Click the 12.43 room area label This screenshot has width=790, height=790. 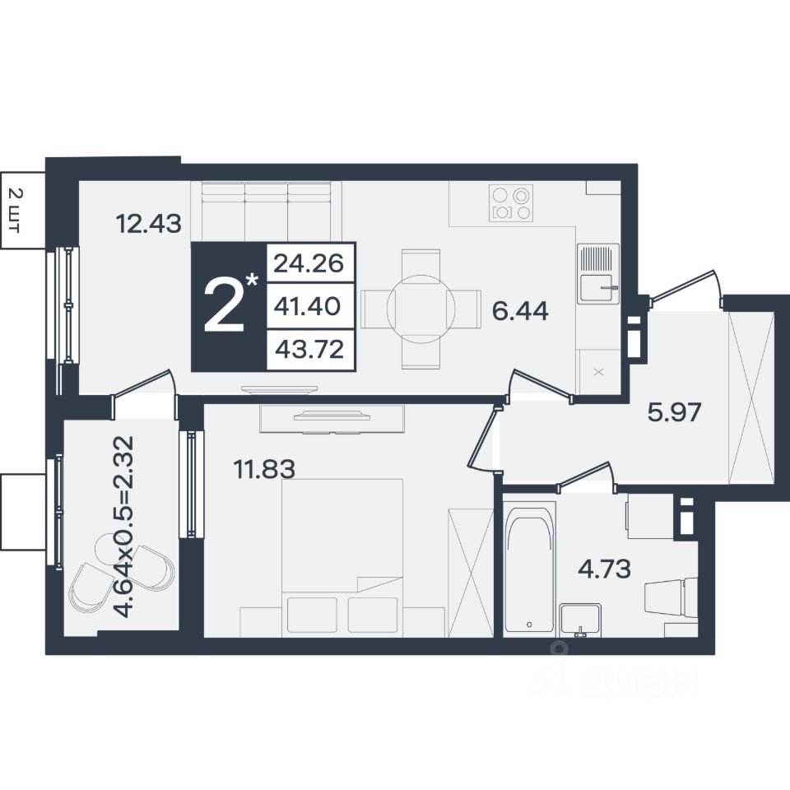click(148, 223)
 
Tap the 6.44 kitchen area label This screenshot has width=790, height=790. click(520, 311)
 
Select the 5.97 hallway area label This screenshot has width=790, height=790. click(674, 412)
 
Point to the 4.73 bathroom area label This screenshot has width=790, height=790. click(604, 569)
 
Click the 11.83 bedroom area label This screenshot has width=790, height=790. click(264, 469)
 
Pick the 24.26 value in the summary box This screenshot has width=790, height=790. click(309, 263)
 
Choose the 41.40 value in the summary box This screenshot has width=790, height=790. click(307, 306)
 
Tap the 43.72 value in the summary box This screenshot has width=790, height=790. click(309, 349)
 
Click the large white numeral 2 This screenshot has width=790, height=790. click(224, 306)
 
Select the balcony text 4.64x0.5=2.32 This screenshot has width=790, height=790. click(124, 527)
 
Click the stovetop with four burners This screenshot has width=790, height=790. click(510, 202)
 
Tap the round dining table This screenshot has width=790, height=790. click(421, 308)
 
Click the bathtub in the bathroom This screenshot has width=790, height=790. click(529, 569)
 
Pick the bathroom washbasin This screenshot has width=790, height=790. click(580, 620)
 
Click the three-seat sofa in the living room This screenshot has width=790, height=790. click(267, 211)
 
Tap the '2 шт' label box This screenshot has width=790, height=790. click(22, 210)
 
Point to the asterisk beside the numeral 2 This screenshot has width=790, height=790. click(253, 280)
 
